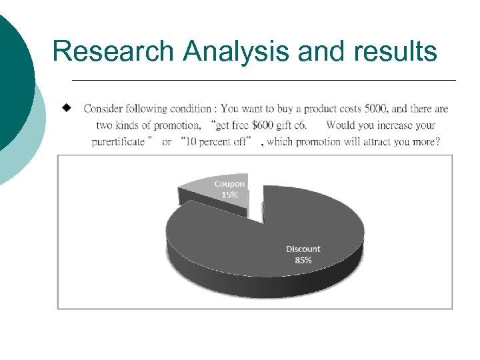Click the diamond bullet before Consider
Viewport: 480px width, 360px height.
tap(67, 107)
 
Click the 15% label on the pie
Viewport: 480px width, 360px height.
tap(229, 195)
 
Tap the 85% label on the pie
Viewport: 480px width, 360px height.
tap(303, 260)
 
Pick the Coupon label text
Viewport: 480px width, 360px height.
tap(229, 183)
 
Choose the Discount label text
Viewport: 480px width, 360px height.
tap(303, 249)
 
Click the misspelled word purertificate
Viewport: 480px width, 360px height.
tap(118, 141)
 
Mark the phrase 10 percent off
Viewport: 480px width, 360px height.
tap(219, 141)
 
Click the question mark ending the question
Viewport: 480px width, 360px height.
tap(437, 141)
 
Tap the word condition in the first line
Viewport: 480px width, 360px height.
tap(189, 109)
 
